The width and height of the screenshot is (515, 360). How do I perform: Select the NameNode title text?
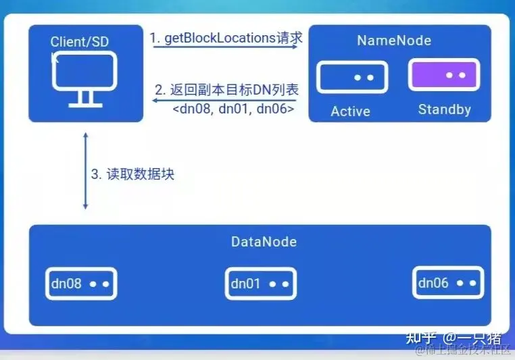point(394,41)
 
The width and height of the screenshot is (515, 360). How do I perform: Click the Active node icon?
point(352,77)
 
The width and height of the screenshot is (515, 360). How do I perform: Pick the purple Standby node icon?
point(444,75)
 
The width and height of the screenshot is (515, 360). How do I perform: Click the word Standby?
point(444,109)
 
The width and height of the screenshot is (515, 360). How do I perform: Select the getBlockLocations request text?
point(226,38)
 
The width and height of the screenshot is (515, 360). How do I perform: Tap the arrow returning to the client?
point(223,100)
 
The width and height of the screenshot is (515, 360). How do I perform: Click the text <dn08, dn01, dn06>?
point(233,108)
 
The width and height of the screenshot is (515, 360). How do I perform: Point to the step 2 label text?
point(226,89)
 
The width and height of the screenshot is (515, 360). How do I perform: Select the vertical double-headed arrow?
point(85,172)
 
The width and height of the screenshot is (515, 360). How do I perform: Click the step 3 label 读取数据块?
point(133,173)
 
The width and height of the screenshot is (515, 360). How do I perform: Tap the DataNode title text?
point(264,241)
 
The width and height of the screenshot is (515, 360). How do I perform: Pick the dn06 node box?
point(447,283)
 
